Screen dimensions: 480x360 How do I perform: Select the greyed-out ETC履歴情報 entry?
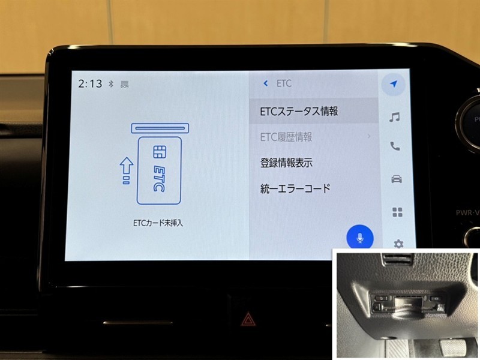pos(286,137)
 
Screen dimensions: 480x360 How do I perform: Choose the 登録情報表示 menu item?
pos(286,163)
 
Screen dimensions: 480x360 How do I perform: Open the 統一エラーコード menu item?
pos(295,188)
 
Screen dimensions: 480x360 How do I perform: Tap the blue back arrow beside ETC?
pos(265,83)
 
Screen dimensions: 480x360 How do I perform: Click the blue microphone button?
pos(360,238)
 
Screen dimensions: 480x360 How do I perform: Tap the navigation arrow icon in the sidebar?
pos(394,84)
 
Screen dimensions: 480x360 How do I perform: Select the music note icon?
pos(394,117)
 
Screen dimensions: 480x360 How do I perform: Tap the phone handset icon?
pos(395,146)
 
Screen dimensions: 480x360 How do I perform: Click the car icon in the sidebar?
pos(397,179)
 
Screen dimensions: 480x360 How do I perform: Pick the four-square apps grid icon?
pos(397,212)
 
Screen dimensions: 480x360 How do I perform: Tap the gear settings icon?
pos(398,244)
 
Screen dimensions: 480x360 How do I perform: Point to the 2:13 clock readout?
pos(90,83)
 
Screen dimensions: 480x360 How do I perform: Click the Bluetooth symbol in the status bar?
pos(111,83)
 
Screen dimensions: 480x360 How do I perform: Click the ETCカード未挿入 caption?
pos(158,223)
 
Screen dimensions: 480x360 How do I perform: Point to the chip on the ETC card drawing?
pos(160,152)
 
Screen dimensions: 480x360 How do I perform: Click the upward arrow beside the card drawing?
pos(127,171)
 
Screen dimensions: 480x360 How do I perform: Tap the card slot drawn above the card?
pos(160,128)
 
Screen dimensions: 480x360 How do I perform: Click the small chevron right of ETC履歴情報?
pos(369,136)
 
